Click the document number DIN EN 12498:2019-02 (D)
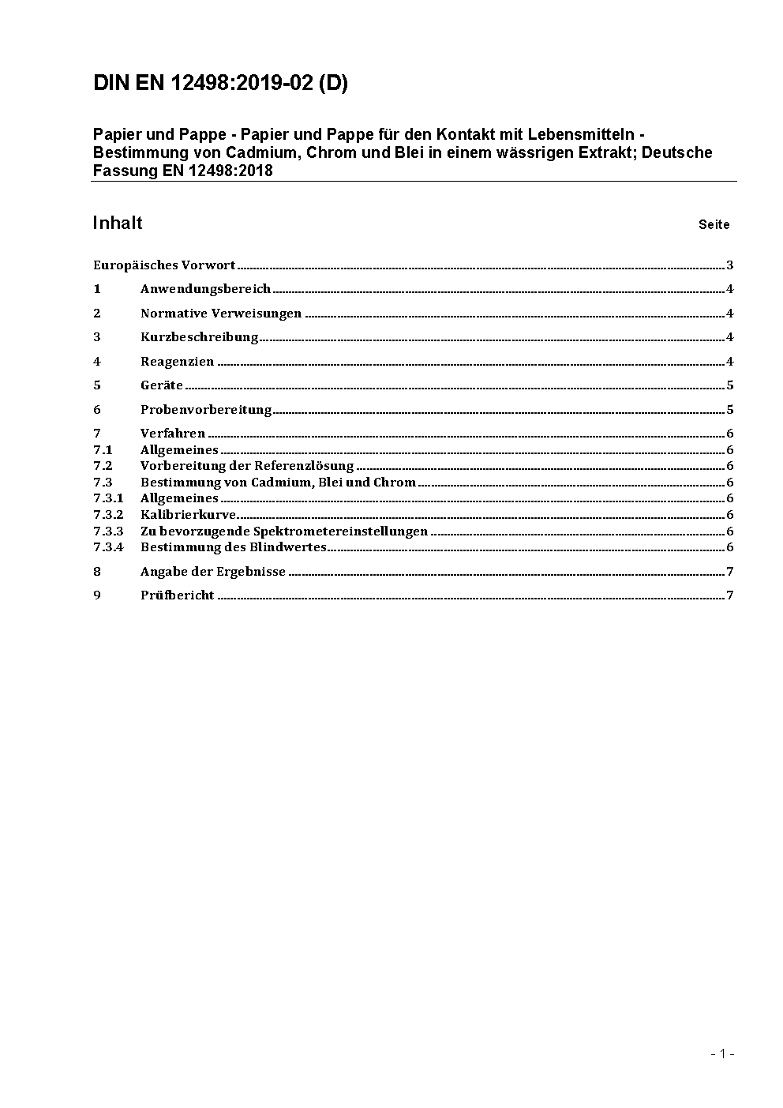pyautogui.click(x=220, y=84)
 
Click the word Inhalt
pyautogui.click(x=117, y=223)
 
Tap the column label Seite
pyautogui.click(x=714, y=225)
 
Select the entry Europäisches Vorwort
pyautogui.click(x=164, y=265)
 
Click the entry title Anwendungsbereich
pyautogui.click(x=205, y=289)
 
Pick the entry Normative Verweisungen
pyautogui.click(x=220, y=314)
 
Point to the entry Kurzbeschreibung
pyautogui.click(x=199, y=337)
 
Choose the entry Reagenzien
pyautogui.click(x=177, y=362)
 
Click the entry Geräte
pyautogui.click(x=161, y=385)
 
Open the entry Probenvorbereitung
pyautogui.click(x=205, y=410)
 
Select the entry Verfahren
pyautogui.click(x=172, y=434)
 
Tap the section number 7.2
pyautogui.click(x=103, y=466)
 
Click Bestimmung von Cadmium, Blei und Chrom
pyautogui.click(x=278, y=483)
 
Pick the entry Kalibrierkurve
pyautogui.click(x=188, y=515)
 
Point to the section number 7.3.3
pyautogui.click(x=108, y=531)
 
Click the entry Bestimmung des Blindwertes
pyautogui.click(x=233, y=547)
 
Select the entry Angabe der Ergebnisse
pyautogui.click(x=212, y=572)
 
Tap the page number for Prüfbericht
pyautogui.click(x=730, y=595)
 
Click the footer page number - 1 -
pyautogui.click(x=722, y=1054)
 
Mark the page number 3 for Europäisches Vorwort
pyautogui.click(x=730, y=265)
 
